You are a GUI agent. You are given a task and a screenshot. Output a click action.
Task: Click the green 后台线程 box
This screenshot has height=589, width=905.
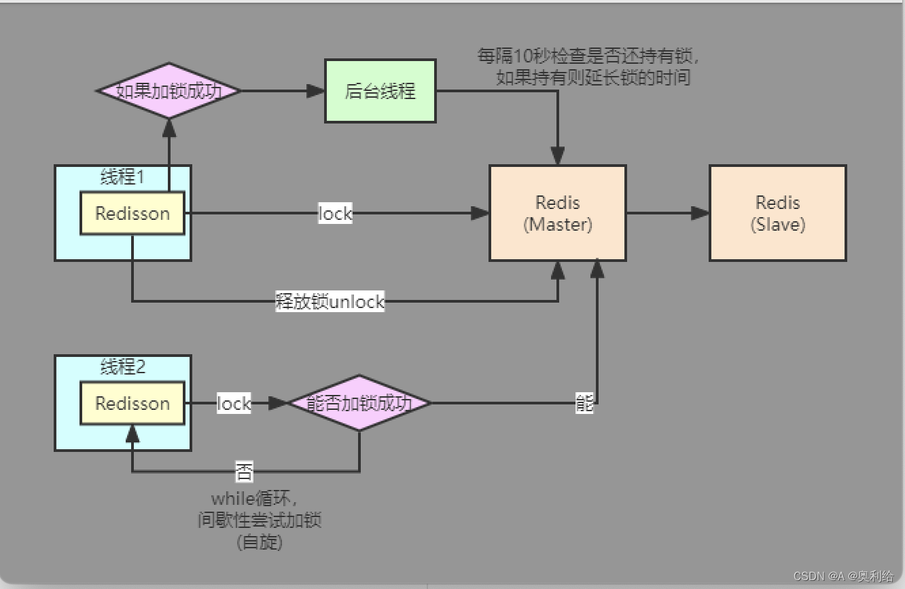[380, 91]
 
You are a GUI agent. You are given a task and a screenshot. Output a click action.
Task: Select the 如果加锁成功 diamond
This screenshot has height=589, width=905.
[168, 91]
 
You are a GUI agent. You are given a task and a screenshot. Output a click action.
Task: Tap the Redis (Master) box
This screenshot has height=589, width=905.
[557, 213]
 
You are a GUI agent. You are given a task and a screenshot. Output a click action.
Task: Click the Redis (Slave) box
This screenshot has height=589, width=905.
[777, 213]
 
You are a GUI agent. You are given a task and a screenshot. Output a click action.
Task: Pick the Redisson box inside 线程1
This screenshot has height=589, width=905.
[132, 213]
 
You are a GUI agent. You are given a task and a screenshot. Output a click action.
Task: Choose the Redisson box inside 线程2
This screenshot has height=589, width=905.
[132, 403]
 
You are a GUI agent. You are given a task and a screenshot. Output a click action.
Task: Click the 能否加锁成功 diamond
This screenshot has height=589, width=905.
[359, 403]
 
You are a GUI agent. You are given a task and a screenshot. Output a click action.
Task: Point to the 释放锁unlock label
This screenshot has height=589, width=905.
[330, 301]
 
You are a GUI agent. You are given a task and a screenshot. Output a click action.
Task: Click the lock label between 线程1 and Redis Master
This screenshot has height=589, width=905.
[335, 214]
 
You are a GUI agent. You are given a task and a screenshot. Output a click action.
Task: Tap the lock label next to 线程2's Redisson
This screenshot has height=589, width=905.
[234, 403]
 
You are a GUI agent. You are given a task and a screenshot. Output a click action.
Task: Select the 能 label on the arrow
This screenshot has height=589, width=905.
[584, 404]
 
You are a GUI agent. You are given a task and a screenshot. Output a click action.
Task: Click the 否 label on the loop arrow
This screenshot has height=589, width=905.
[244, 471]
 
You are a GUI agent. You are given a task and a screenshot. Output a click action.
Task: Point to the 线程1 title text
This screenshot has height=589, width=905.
[122, 178]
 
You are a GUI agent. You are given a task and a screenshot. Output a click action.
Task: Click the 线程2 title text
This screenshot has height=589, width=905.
[122, 368]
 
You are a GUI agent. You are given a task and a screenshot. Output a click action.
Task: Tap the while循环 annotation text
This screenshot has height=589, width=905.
[254, 500]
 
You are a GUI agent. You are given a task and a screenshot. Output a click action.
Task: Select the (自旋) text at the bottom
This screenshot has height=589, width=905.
[260, 542]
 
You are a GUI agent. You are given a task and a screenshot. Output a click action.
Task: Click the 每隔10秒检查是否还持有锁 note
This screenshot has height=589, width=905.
[589, 56]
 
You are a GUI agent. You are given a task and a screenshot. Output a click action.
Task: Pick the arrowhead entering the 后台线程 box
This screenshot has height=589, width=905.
[317, 91]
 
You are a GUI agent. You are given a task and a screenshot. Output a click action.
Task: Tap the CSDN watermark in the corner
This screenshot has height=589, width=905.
[842, 576]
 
